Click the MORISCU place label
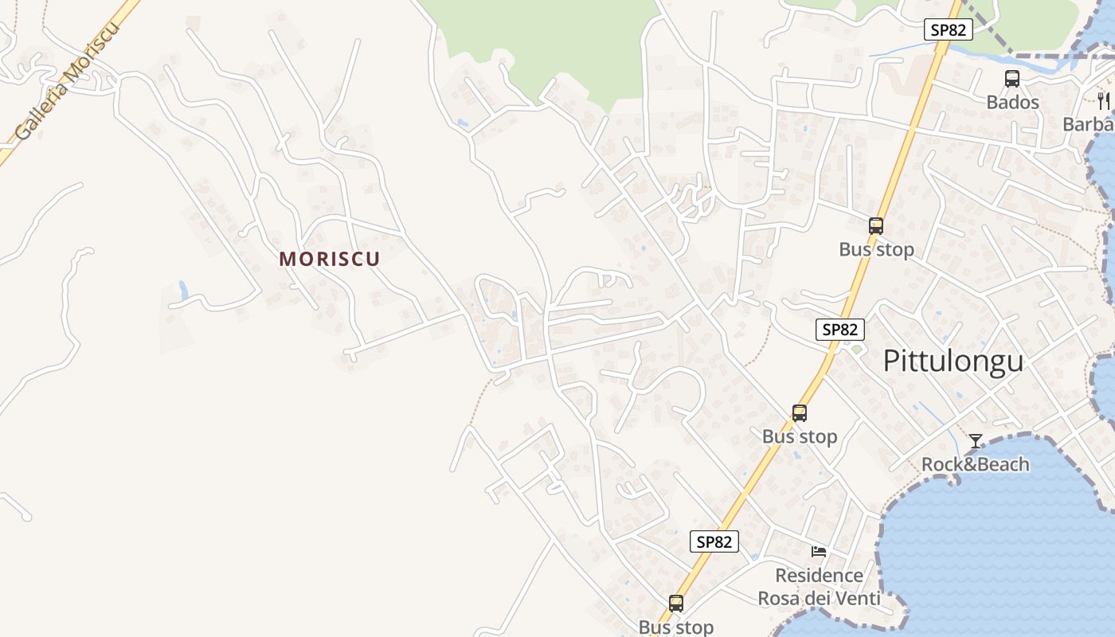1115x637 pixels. [x=330, y=259]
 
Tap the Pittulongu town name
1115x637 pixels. [x=953, y=361]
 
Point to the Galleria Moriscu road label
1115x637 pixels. [x=67, y=82]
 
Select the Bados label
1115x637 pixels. [x=1012, y=103]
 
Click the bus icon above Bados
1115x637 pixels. [x=1012, y=79]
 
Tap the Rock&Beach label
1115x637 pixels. [x=975, y=464]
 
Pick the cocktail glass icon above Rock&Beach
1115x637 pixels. [x=975, y=441]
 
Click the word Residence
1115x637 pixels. [x=819, y=575]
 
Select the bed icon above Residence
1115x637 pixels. [x=819, y=551]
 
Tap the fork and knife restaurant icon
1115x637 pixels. [x=1103, y=100]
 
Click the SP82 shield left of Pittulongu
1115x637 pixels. [x=839, y=330]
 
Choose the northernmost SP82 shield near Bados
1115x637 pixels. [x=949, y=30]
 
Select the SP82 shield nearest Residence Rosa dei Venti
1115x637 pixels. [x=714, y=542]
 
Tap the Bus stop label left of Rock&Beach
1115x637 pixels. [x=800, y=436]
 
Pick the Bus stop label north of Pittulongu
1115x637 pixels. [x=876, y=249]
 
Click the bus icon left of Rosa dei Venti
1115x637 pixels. [x=676, y=604]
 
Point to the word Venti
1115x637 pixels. [x=857, y=598]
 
